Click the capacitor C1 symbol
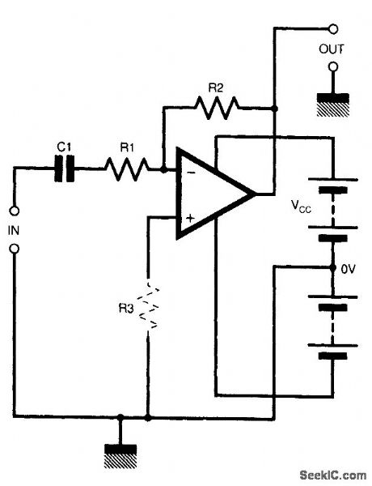tap(66, 168)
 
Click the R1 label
tap(125, 147)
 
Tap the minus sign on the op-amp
tap(188, 172)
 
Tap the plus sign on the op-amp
tap(189, 217)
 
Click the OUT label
tap(332, 49)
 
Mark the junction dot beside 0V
tap(332, 266)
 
